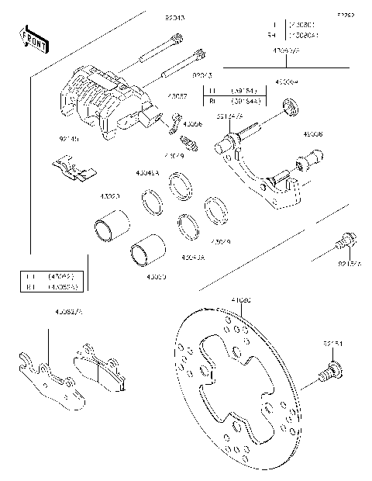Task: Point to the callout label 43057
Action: tap(177, 98)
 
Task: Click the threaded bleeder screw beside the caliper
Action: tap(188, 144)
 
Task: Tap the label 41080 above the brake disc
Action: tap(241, 298)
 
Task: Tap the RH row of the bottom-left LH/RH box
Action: tap(51, 285)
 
